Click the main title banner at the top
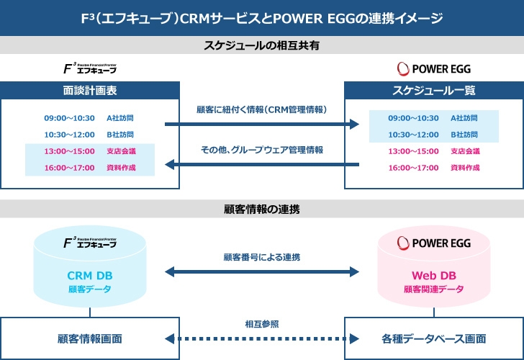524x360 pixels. click(262, 17)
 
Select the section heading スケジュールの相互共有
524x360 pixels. click(262, 45)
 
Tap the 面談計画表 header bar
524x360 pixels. click(90, 91)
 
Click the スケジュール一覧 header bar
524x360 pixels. click(433, 91)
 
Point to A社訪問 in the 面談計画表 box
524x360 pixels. click(120, 117)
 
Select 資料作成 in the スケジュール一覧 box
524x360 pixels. click(465, 168)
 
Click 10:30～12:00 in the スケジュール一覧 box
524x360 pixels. click(413, 135)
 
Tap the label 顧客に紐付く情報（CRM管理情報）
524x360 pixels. click(262, 110)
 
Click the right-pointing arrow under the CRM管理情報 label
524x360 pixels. click(262, 125)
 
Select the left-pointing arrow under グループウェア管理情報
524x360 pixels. click(262, 166)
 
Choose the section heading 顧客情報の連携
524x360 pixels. click(262, 210)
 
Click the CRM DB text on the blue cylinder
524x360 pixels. click(89, 276)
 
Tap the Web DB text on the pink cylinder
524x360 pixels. click(433, 276)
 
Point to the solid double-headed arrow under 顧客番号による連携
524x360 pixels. click(262, 272)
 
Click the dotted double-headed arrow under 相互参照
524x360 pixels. click(262, 338)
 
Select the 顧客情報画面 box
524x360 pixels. click(90, 338)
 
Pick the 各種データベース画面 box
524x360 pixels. click(433, 338)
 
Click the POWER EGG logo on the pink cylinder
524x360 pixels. click(434, 243)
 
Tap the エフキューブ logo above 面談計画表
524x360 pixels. click(90, 69)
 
